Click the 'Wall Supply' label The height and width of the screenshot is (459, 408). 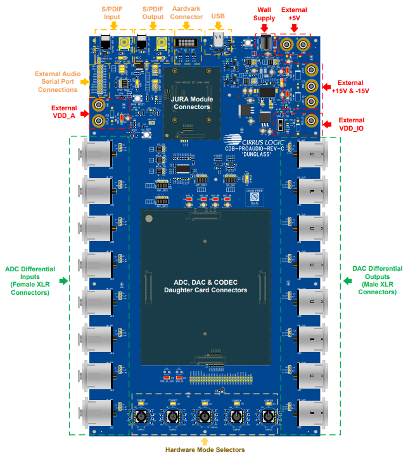point(264,13)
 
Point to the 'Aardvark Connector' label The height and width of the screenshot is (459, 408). point(186,13)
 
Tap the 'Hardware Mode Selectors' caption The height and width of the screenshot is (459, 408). point(205,449)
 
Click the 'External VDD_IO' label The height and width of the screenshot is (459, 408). point(351,124)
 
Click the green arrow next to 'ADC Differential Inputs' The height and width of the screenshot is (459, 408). point(63,280)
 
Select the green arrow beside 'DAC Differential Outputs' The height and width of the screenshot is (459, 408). point(346,280)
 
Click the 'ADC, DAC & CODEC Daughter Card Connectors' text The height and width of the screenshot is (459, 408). point(205,286)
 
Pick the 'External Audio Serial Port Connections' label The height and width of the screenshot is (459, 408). point(56,82)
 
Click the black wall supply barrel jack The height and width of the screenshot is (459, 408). point(267,43)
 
